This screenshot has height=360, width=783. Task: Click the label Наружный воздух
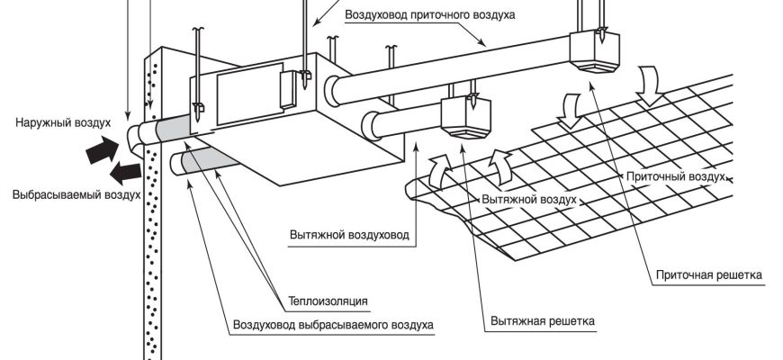click(x=63, y=119)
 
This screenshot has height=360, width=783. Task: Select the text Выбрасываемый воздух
click(x=76, y=193)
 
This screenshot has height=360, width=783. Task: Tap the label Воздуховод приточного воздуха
click(x=430, y=15)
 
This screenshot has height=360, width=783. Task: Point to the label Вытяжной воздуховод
click(x=349, y=235)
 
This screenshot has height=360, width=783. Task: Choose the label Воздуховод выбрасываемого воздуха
click(x=333, y=324)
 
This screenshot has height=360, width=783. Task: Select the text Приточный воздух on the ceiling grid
click(x=675, y=177)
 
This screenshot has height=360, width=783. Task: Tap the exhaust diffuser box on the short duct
click(x=465, y=117)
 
